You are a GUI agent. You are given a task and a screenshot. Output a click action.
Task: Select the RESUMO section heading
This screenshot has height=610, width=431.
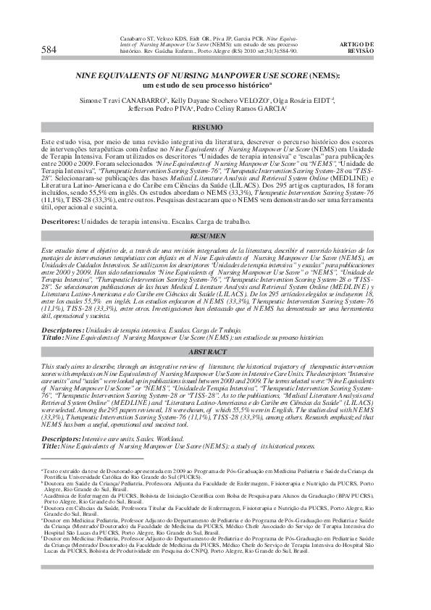216,127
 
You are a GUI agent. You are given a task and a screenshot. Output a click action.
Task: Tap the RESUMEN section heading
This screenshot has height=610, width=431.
215,236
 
